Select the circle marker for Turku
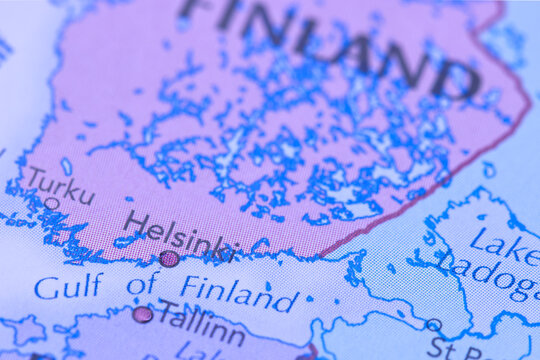pyautogui.click(x=52, y=203)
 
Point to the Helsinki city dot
pyautogui.click(x=169, y=259)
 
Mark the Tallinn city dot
pyautogui.click(x=143, y=314)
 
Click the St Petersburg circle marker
pyautogui.click(x=433, y=325)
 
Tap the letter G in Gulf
pyautogui.click(x=46, y=288)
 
